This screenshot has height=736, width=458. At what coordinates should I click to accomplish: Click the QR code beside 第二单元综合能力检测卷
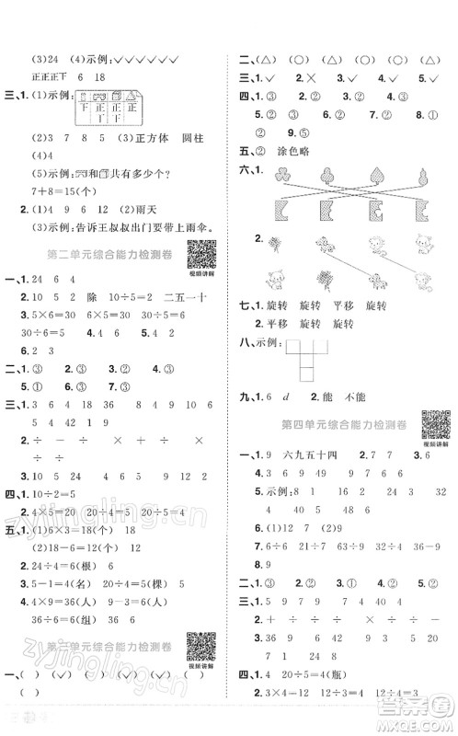tap(201, 252)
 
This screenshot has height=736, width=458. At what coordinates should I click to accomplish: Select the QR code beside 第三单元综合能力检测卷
tap(200, 645)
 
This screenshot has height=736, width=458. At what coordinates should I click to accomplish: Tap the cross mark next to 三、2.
tap(309, 78)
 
